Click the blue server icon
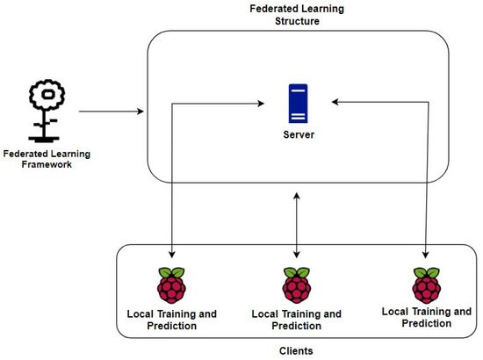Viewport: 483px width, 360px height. (x=299, y=104)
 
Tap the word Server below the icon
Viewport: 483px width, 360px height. (x=299, y=135)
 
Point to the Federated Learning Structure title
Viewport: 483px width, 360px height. (x=299, y=13)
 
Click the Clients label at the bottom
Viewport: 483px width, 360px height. (x=299, y=349)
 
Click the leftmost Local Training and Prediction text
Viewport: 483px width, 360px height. (x=172, y=319)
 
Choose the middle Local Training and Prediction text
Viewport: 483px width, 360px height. (x=298, y=319)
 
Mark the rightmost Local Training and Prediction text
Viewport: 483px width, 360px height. (x=427, y=316)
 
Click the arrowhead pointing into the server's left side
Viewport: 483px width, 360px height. (x=262, y=104)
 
